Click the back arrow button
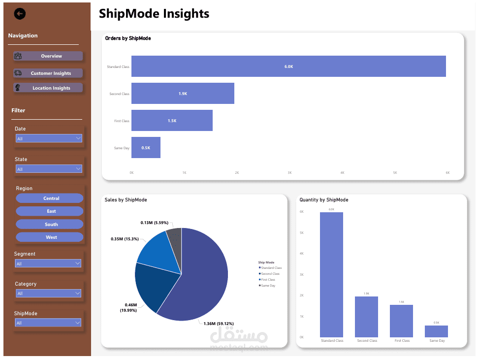pyautogui.click(x=20, y=14)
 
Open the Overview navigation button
pyautogui.click(x=48, y=56)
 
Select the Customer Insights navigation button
pyautogui.click(x=48, y=73)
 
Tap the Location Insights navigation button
pyautogui.click(x=48, y=88)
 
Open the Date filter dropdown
pyautogui.click(x=49, y=139)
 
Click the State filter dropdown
pyautogui.click(x=49, y=169)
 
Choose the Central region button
pyautogui.click(x=50, y=198)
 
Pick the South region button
pyautogui.click(x=50, y=224)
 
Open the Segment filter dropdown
pyautogui.click(x=49, y=264)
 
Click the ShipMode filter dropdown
pyautogui.click(x=49, y=323)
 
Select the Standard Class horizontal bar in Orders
pyautogui.click(x=288, y=66)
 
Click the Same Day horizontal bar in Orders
pyautogui.click(x=146, y=148)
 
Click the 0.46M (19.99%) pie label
pyautogui.click(x=130, y=308)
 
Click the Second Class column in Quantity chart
pyautogui.click(x=367, y=317)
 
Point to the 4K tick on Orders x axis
pyautogui.click(x=342, y=173)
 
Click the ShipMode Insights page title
pyautogui.click(x=154, y=14)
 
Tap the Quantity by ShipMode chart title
pyautogui.click(x=324, y=200)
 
